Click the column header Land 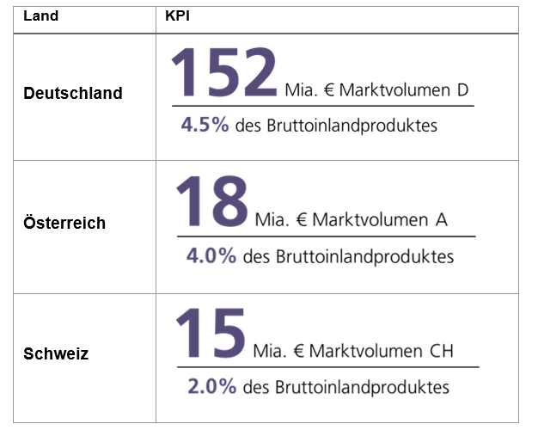point(41,16)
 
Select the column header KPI point(177,16)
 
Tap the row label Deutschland point(73,93)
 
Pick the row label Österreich point(64,223)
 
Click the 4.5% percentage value point(205,125)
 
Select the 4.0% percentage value point(211,255)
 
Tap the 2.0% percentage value point(211,387)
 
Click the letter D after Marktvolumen point(463,89)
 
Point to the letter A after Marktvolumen point(442,219)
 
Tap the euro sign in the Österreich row point(300,219)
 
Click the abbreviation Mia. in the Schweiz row point(271,351)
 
